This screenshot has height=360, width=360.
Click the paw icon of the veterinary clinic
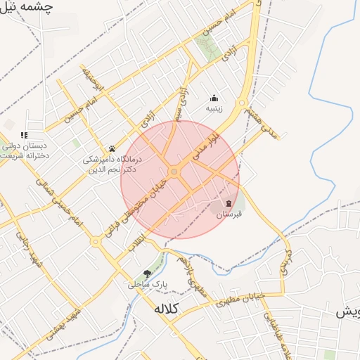tap(112, 148)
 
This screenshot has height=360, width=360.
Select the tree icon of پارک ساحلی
tap(147, 273)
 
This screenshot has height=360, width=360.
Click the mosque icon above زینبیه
tap(214, 98)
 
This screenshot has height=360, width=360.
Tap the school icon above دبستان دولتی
tap(24, 135)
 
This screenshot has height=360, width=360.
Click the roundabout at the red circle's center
tap(174, 171)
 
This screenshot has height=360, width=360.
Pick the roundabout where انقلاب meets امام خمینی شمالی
tap(96, 241)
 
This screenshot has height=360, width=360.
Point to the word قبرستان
tap(229, 213)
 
